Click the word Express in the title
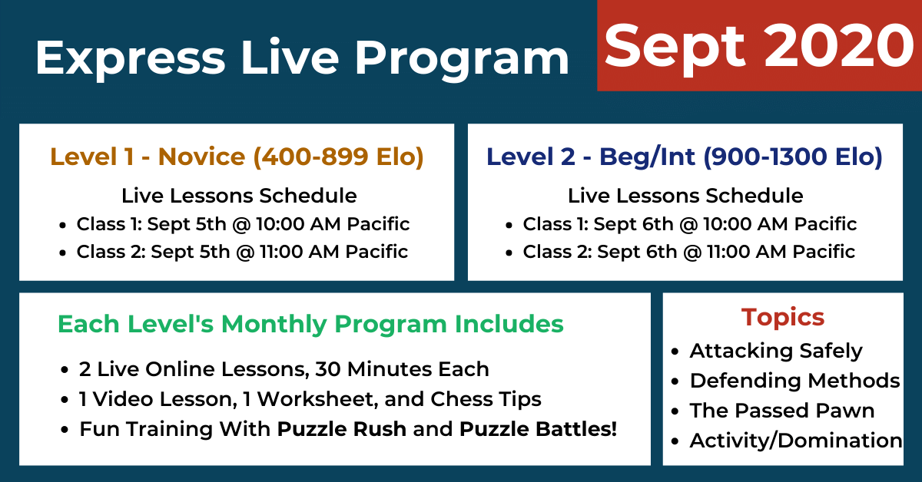coord(131,58)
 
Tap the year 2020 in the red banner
coord(839,45)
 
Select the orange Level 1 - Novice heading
coord(237,157)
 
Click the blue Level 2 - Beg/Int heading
coord(684,157)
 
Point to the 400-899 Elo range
coord(338,157)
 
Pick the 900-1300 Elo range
coord(793,157)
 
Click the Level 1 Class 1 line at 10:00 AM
coord(243,225)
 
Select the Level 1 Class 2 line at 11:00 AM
coord(242,252)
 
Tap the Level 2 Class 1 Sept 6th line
coord(689,225)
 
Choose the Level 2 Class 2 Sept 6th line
coord(688,252)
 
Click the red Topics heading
coord(783,318)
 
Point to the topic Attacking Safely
coord(776,352)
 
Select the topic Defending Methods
coord(794,381)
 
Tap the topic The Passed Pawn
coord(782,411)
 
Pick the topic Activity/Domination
coord(796,441)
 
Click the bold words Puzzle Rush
coord(342,429)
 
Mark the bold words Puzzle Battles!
coord(538,429)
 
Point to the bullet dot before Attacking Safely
coord(675,352)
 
